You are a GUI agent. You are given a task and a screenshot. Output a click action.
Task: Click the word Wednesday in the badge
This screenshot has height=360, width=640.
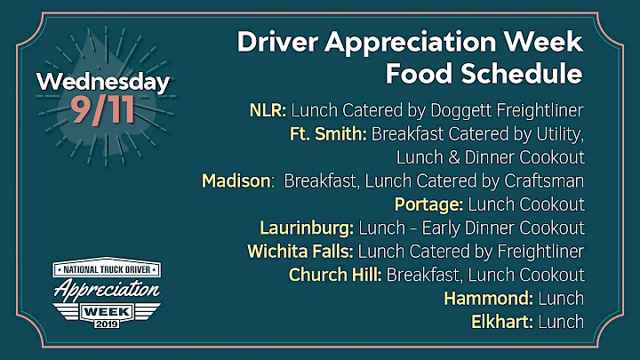[x=103, y=83]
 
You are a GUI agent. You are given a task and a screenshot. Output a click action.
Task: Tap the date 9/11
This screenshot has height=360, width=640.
[x=102, y=110]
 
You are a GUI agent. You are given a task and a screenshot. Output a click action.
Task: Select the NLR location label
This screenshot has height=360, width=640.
[x=268, y=110]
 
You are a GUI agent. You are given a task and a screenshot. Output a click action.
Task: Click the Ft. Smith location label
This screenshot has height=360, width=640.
[x=328, y=134]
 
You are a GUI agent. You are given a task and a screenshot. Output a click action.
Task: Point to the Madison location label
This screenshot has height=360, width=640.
[x=236, y=180]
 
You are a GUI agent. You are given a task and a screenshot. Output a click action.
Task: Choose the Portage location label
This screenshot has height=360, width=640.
[x=428, y=205]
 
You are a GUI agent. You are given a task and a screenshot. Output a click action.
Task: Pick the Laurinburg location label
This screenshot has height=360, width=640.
[x=307, y=228]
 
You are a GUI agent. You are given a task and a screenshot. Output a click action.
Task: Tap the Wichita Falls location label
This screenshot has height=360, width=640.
[x=300, y=252]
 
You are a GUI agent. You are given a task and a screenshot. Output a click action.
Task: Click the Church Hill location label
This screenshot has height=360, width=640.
[x=335, y=275]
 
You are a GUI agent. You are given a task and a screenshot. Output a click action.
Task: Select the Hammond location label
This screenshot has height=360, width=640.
[x=489, y=299]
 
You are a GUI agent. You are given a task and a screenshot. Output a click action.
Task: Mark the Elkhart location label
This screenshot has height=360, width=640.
[x=502, y=322]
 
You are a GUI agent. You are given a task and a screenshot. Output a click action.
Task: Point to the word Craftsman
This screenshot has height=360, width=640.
[x=544, y=180]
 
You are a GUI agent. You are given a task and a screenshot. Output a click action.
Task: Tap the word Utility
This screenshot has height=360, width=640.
[x=560, y=134]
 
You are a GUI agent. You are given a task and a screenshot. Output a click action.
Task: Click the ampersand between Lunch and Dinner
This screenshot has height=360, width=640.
[x=454, y=157]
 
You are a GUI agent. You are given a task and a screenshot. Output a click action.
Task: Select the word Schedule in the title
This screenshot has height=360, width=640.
[x=521, y=74]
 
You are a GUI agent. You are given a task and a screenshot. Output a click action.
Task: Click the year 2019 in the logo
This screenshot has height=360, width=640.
[x=107, y=324]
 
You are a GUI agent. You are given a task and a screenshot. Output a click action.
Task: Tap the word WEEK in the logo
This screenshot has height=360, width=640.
[x=107, y=312]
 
